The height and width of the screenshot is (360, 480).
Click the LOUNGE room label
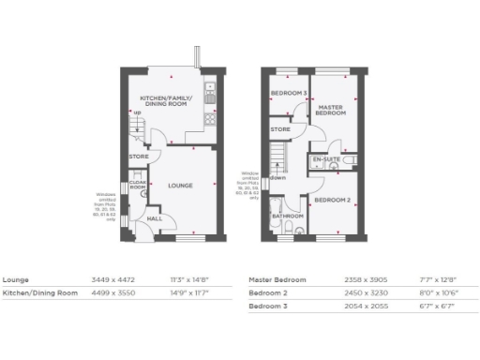180,186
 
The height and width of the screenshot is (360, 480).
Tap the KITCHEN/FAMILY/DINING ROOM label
165,101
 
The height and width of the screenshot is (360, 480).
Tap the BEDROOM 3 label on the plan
289,94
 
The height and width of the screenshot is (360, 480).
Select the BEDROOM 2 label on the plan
332,201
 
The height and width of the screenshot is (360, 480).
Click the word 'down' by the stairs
278,177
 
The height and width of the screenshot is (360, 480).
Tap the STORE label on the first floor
280,128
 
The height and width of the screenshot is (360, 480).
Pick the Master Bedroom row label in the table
280,279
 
